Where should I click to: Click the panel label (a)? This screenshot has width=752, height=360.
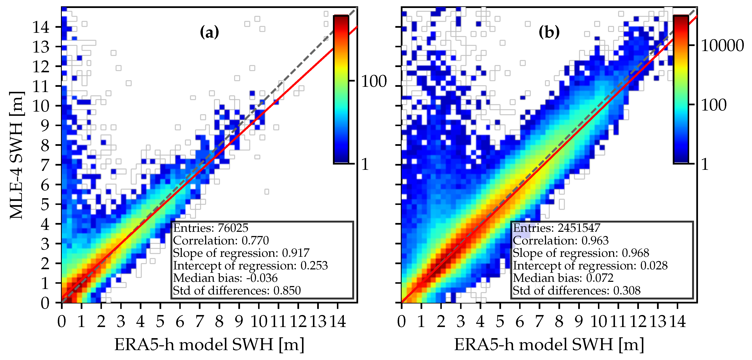click(x=209, y=32)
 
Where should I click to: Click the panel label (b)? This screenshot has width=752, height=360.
click(x=549, y=32)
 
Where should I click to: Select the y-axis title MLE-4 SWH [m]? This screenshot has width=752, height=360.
click(x=17, y=155)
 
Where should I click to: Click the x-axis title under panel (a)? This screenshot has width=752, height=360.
click(x=209, y=344)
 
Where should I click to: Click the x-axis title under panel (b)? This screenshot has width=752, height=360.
click(x=549, y=344)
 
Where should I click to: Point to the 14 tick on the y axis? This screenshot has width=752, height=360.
click(x=41, y=28)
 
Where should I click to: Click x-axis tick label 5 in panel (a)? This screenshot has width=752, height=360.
click(x=160, y=322)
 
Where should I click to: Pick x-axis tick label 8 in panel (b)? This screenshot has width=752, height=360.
click(x=559, y=322)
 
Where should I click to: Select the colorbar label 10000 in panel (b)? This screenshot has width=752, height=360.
click(x=722, y=46)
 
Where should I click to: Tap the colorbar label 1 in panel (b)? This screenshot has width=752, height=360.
click(x=705, y=164)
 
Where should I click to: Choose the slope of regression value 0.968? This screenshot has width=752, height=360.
click(x=636, y=253)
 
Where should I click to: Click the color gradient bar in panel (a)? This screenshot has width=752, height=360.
click(x=341, y=89)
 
